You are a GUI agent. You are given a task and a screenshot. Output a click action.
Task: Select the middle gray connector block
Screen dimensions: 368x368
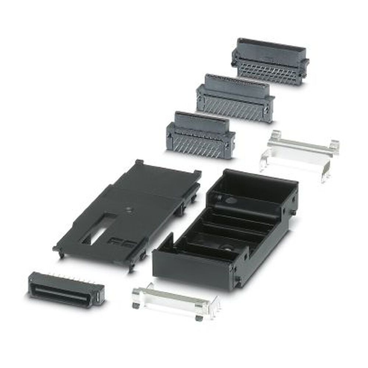click(x=236, y=98)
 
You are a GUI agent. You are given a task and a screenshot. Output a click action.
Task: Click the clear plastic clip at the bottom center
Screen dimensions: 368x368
click(x=173, y=300)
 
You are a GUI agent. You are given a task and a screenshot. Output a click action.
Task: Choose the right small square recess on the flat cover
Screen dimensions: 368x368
click(x=127, y=244)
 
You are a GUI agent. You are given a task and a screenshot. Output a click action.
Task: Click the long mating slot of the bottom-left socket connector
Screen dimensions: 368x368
click(x=63, y=292)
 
